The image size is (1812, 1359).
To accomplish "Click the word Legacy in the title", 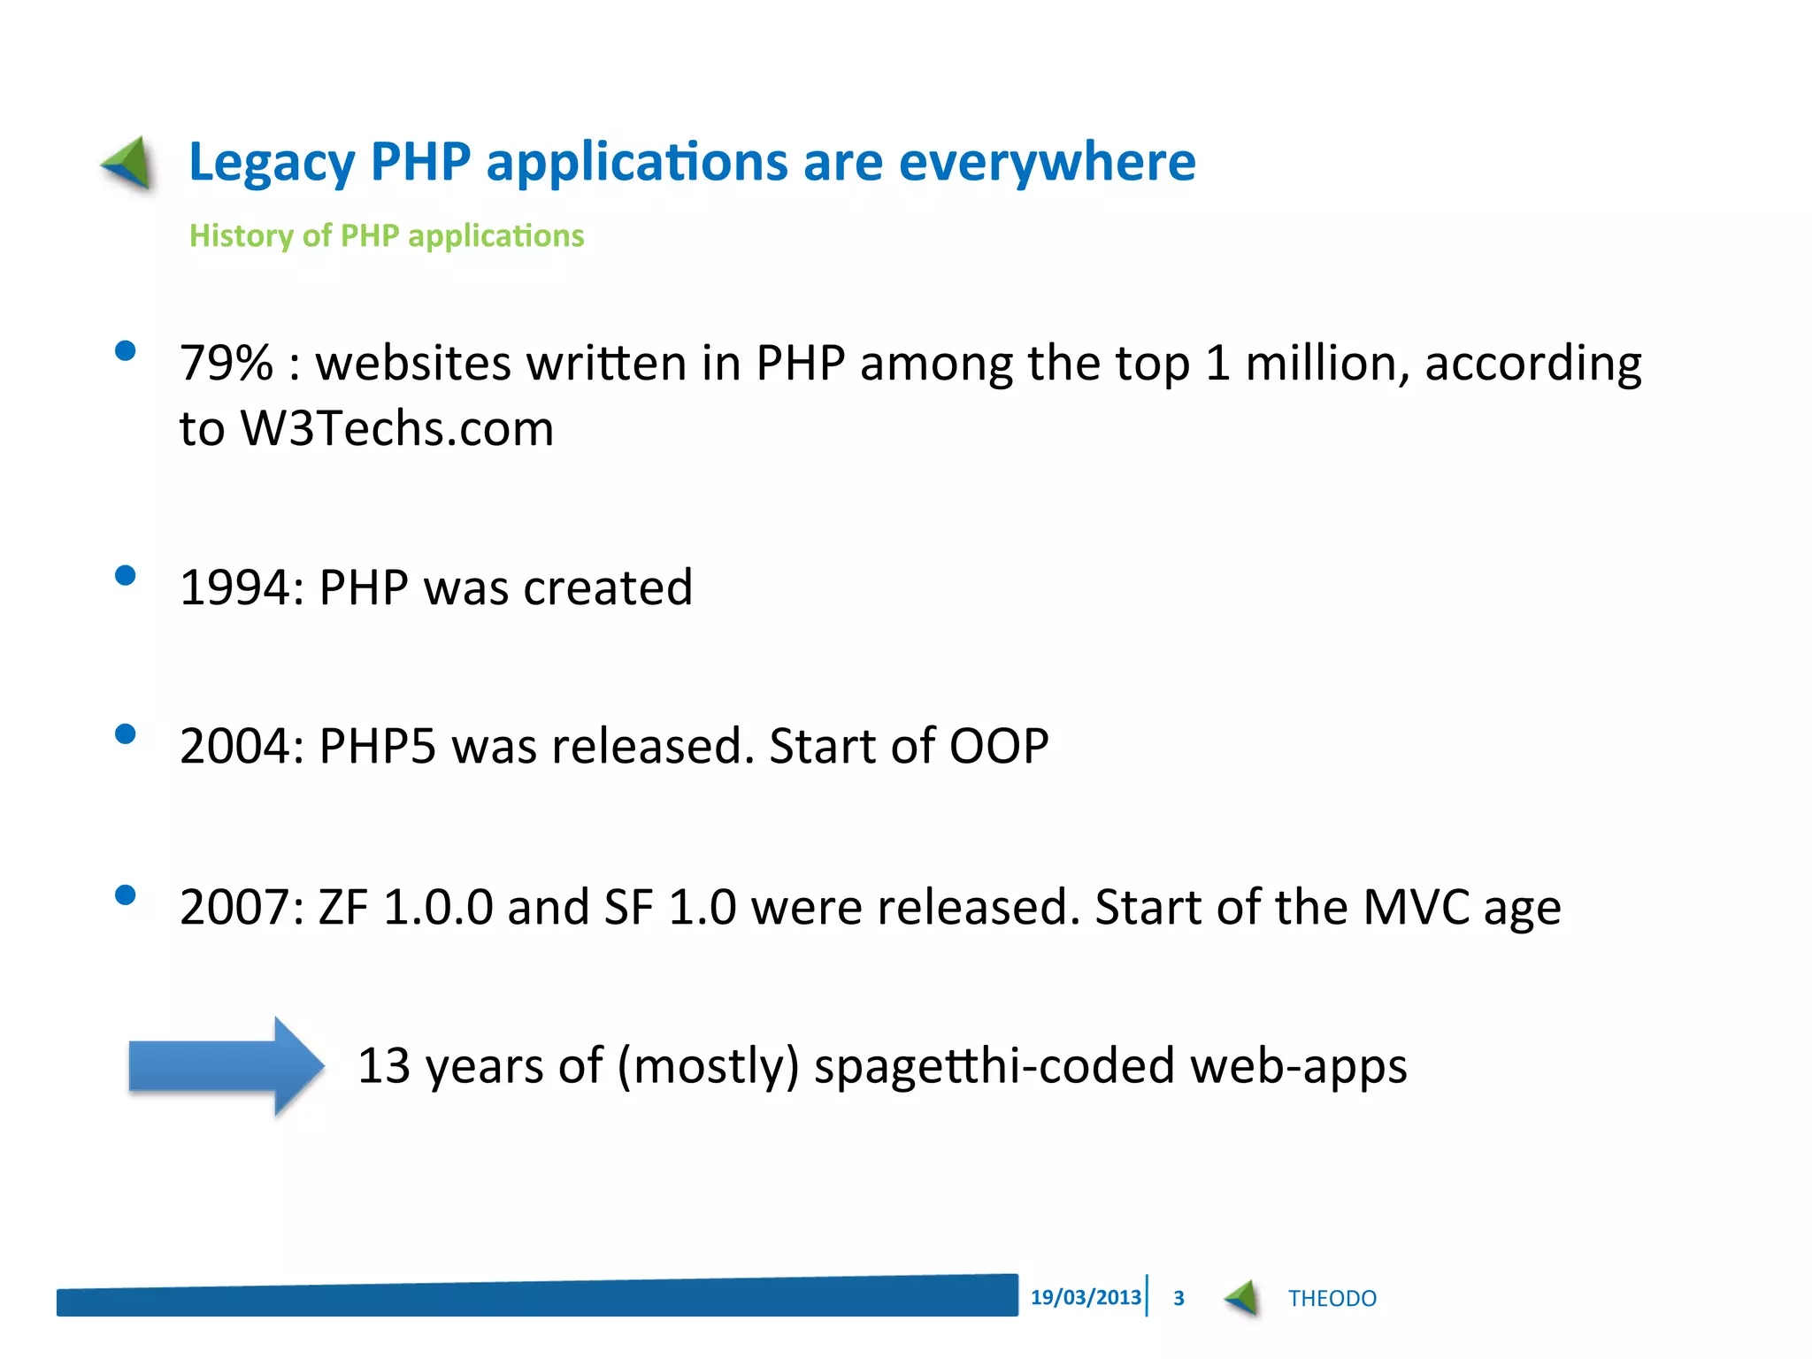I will pyautogui.click(x=272, y=163).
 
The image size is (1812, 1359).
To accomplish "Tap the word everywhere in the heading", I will pyautogui.click(x=1047, y=163).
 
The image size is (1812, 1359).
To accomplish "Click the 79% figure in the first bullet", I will pyautogui.click(x=226, y=364).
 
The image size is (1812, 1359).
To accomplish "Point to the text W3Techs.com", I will pyautogui.click(x=397, y=429).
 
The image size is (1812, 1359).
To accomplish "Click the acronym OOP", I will pyautogui.click(x=998, y=746).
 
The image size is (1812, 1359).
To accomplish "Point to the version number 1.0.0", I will pyautogui.click(x=437, y=908).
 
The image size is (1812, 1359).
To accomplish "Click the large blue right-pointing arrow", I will pyautogui.click(x=226, y=1065).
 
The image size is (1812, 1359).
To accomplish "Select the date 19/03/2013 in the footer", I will pyautogui.click(x=1086, y=1297).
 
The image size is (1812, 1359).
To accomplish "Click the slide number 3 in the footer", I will pyautogui.click(x=1179, y=1298).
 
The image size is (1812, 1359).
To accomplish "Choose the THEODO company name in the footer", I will pyautogui.click(x=1332, y=1298).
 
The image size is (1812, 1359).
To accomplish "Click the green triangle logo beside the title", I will pyautogui.click(x=129, y=163).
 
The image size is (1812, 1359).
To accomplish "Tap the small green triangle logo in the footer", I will pyautogui.click(x=1242, y=1298).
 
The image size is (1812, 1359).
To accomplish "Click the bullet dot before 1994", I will pyautogui.click(x=126, y=576).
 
